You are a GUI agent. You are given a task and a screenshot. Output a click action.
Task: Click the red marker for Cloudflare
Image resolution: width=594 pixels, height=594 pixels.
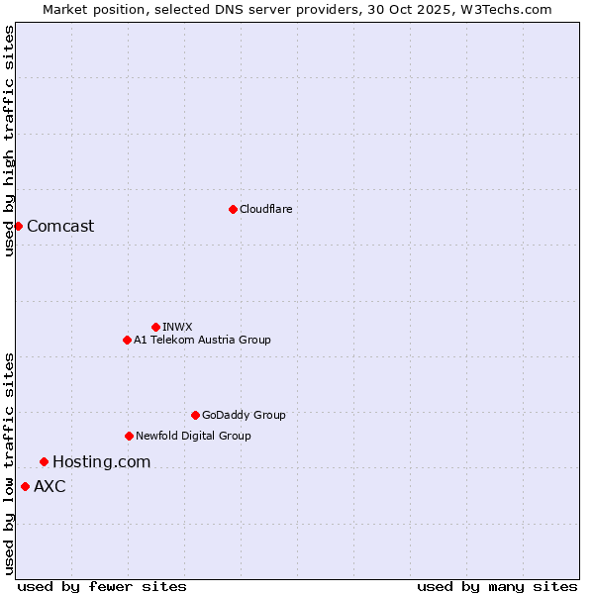[233, 209]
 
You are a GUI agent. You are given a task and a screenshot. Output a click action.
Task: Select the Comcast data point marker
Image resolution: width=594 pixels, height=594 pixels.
[18, 226]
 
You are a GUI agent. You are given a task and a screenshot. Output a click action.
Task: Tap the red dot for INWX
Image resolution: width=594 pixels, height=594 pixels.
[155, 327]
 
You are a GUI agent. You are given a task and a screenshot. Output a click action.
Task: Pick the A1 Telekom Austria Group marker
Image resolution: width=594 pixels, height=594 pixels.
[127, 340]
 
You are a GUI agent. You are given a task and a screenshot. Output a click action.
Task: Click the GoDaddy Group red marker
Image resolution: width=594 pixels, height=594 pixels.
[195, 415]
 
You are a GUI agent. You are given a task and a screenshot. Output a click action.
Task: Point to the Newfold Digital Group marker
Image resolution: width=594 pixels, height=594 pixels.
[129, 436]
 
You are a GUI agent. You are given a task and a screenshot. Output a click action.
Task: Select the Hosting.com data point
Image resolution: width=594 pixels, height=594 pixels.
[44, 461]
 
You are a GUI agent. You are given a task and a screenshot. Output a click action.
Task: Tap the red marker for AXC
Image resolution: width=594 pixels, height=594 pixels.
[25, 486]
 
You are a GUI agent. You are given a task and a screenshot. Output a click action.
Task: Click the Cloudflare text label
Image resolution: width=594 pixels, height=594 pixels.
[265, 209]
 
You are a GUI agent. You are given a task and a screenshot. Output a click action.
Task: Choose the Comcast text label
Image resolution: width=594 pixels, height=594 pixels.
[60, 226]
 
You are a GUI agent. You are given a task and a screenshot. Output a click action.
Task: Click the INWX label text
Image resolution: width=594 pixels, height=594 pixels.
[177, 327]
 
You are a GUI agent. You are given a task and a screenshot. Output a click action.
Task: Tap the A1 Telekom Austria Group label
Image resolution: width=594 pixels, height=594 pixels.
[202, 340]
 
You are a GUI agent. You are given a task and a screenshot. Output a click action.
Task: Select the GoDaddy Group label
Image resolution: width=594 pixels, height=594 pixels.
[244, 415]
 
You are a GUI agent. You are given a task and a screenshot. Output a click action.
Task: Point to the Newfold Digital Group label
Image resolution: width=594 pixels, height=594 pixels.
[193, 436]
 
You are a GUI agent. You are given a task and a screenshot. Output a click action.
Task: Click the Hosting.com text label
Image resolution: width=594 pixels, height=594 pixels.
[101, 461]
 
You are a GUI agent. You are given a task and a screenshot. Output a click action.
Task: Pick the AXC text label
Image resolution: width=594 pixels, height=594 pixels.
[49, 486]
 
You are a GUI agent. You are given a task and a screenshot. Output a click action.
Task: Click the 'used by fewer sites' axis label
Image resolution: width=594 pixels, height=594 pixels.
[102, 586]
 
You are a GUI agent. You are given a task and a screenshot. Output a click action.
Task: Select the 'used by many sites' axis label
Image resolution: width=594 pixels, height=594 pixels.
[497, 586]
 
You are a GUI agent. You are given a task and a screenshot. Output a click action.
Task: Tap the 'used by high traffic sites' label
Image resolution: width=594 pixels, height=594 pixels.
[9, 141]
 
